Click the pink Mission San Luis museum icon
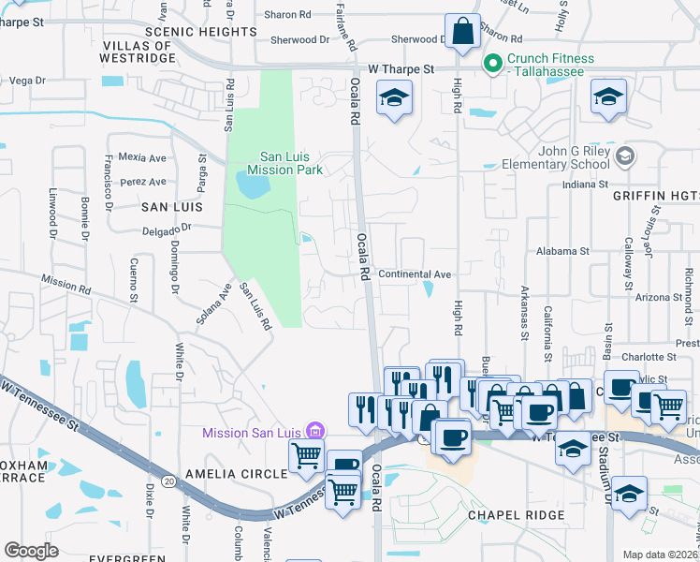tap(316, 432)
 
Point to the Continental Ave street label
tap(416, 274)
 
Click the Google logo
tap(31, 550)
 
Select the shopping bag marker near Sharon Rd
tap(462, 32)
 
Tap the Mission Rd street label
tap(65, 282)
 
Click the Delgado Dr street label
tap(167, 227)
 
